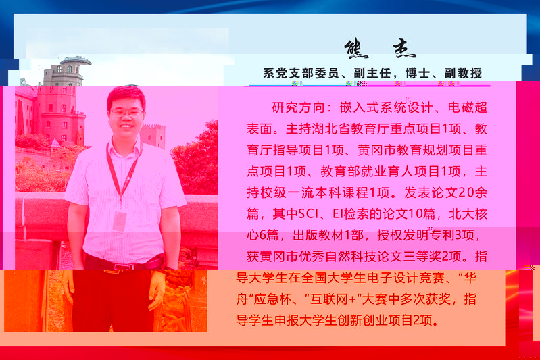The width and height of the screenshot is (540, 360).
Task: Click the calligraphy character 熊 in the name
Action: [x=356, y=49]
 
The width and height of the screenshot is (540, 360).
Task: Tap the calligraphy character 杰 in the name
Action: [x=404, y=49]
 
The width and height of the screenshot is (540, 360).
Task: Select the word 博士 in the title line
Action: [x=418, y=73]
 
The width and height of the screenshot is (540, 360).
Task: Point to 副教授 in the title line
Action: [x=463, y=73]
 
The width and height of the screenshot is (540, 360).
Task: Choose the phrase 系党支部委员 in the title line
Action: [x=301, y=73]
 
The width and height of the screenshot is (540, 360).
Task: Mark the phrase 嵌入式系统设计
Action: [x=386, y=107]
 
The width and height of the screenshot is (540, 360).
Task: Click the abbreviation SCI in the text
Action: [x=308, y=214]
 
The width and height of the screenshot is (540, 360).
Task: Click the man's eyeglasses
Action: [x=126, y=113]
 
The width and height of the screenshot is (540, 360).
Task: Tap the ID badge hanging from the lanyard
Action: [x=120, y=221]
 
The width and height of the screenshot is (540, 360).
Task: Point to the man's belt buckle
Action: [x=122, y=267]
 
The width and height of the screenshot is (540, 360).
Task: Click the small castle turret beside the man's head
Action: [x=153, y=135]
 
